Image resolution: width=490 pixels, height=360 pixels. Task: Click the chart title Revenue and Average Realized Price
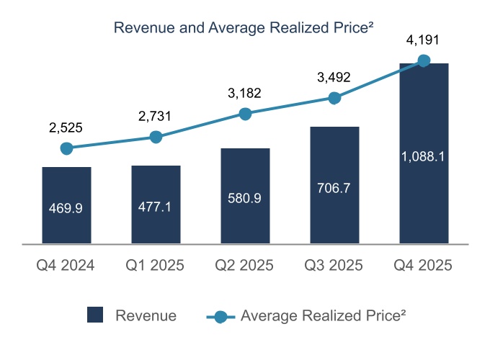coord(244,28)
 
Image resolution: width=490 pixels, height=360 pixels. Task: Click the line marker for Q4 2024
coord(66,148)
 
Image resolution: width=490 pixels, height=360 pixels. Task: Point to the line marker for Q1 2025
coord(156,137)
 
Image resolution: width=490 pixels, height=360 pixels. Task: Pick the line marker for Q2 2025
coord(245,114)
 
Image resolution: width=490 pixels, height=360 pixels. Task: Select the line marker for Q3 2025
coord(334,98)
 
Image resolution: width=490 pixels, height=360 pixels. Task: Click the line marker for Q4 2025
coord(424,61)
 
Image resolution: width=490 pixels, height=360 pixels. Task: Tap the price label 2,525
coord(66,128)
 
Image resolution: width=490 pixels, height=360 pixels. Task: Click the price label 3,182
coord(245,93)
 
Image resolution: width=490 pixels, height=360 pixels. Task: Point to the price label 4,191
coord(424,40)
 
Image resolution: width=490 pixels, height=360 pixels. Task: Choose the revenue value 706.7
coord(334,189)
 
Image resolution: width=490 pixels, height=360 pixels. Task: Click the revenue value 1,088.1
coord(424,156)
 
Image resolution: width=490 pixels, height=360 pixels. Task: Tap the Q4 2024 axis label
coord(66,266)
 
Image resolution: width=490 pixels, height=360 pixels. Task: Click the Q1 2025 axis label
coord(156,266)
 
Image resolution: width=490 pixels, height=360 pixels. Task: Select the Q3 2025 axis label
coord(334,266)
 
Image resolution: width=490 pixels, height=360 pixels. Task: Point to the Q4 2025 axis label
coord(424,266)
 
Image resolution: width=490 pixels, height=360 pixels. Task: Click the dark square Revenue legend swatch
coord(95,315)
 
